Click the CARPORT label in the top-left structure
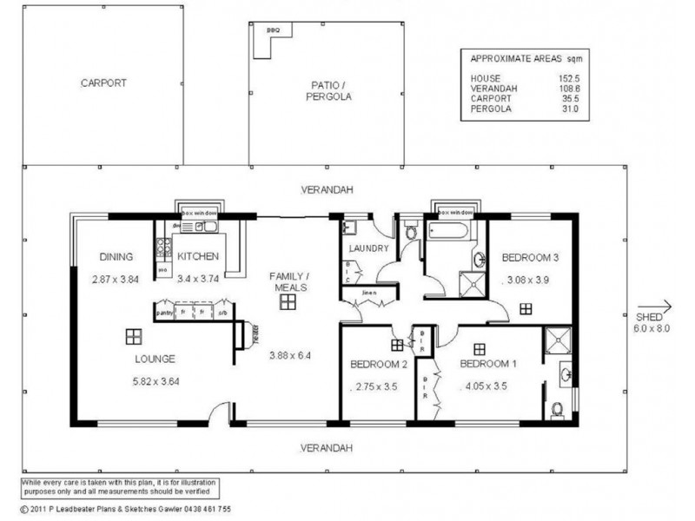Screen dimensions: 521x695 [x=103, y=84]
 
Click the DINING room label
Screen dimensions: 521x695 [x=115, y=257]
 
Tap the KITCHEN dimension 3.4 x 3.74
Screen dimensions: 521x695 [x=198, y=280]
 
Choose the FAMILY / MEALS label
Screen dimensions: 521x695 [x=289, y=280]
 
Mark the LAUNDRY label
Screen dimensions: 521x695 [x=368, y=248]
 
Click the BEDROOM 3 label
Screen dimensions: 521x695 [x=530, y=257]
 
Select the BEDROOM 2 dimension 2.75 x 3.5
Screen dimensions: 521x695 [x=375, y=388]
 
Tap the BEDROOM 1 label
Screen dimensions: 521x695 [x=487, y=364]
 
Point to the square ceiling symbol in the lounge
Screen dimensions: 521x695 [x=132, y=336]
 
